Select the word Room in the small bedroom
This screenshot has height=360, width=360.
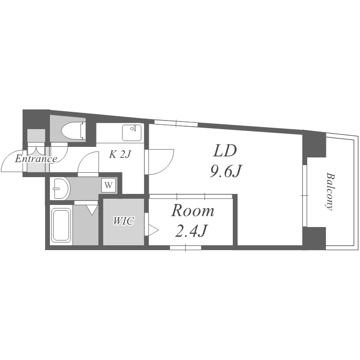coord(192,211)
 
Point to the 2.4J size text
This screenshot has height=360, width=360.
coord(191,231)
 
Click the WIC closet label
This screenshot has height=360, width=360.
coord(123,221)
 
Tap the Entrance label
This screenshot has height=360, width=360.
coord(36,159)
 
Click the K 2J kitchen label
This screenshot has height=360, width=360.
coord(119,155)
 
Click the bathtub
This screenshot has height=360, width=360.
coord(61,225)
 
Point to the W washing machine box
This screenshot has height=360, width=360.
coord(109,185)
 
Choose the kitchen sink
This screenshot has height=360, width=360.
coord(132,133)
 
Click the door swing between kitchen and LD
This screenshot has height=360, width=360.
coord(159,162)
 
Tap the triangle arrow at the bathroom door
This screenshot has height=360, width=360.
coord(92,209)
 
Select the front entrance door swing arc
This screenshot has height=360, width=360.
coord(12,161)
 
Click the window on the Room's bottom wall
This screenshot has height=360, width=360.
coord(185,248)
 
